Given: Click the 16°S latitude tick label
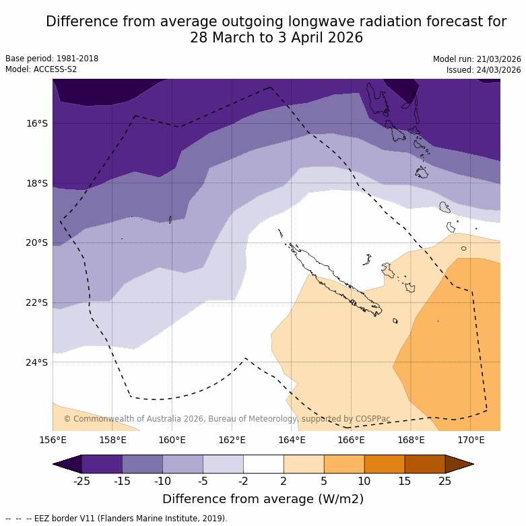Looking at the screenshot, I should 37,123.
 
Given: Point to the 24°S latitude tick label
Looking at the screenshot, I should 37,362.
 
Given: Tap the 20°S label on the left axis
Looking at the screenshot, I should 37,242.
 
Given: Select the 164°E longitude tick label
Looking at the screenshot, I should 292,440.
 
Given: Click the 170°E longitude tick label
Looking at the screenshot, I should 471,440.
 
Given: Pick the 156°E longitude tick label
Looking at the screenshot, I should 53,440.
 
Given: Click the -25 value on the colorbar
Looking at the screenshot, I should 82,480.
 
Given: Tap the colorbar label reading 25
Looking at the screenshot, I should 445,480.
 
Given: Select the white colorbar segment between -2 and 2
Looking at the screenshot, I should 263,464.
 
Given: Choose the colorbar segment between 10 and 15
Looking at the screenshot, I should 385,464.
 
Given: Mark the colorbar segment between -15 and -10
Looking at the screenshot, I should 143,464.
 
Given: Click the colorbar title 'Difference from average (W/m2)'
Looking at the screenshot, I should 263,499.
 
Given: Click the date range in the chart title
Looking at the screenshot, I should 276,38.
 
